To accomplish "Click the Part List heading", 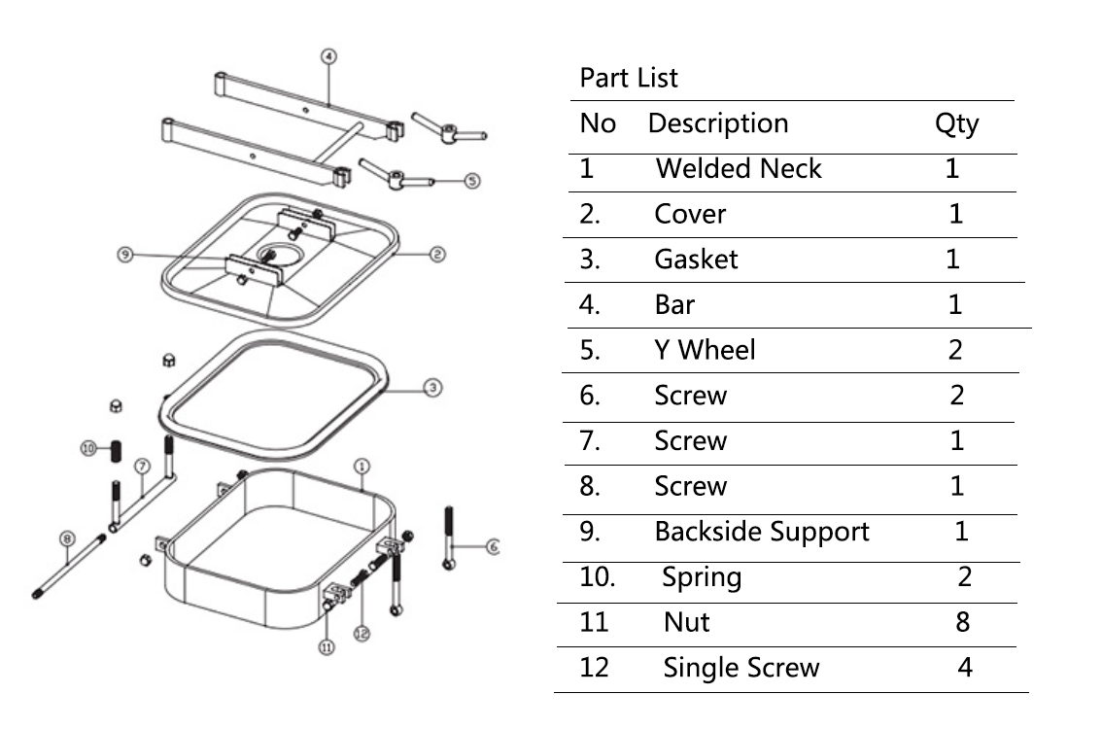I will tap(629, 78).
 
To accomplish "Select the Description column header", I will tap(717, 124).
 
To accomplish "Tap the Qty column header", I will tap(956, 124).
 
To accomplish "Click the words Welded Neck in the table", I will tap(739, 169).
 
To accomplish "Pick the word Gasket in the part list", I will tap(696, 260).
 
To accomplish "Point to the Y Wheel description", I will tap(705, 350).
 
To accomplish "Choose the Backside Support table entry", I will tap(762, 532).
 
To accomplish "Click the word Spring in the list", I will tap(702, 577).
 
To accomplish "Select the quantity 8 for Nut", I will tap(962, 622).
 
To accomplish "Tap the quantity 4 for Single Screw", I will tap(965, 668).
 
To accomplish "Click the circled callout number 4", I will tap(328, 56).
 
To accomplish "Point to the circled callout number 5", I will tap(472, 181).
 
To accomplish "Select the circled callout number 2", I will tap(437, 254).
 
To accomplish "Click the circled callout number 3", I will tap(433, 388).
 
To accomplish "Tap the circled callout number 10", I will tap(87, 448).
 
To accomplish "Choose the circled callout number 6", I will tap(492, 548).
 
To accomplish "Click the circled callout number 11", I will tap(327, 648).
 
